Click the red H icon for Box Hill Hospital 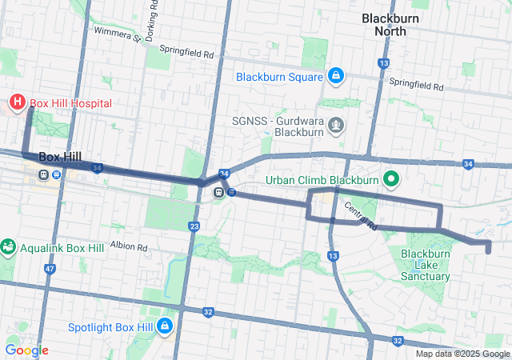click(16, 102)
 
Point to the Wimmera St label click(117, 33)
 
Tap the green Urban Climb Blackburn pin click(391, 179)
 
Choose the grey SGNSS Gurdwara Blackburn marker click(337, 124)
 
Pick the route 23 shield click(194, 227)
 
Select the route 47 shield click(50, 270)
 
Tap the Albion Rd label click(129, 246)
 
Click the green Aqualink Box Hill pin click(8, 248)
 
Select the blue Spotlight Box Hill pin click(165, 326)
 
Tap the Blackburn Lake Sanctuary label click(425, 265)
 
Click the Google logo click(26, 350)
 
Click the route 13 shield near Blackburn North click(385, 63)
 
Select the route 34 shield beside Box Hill click(97, 168)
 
